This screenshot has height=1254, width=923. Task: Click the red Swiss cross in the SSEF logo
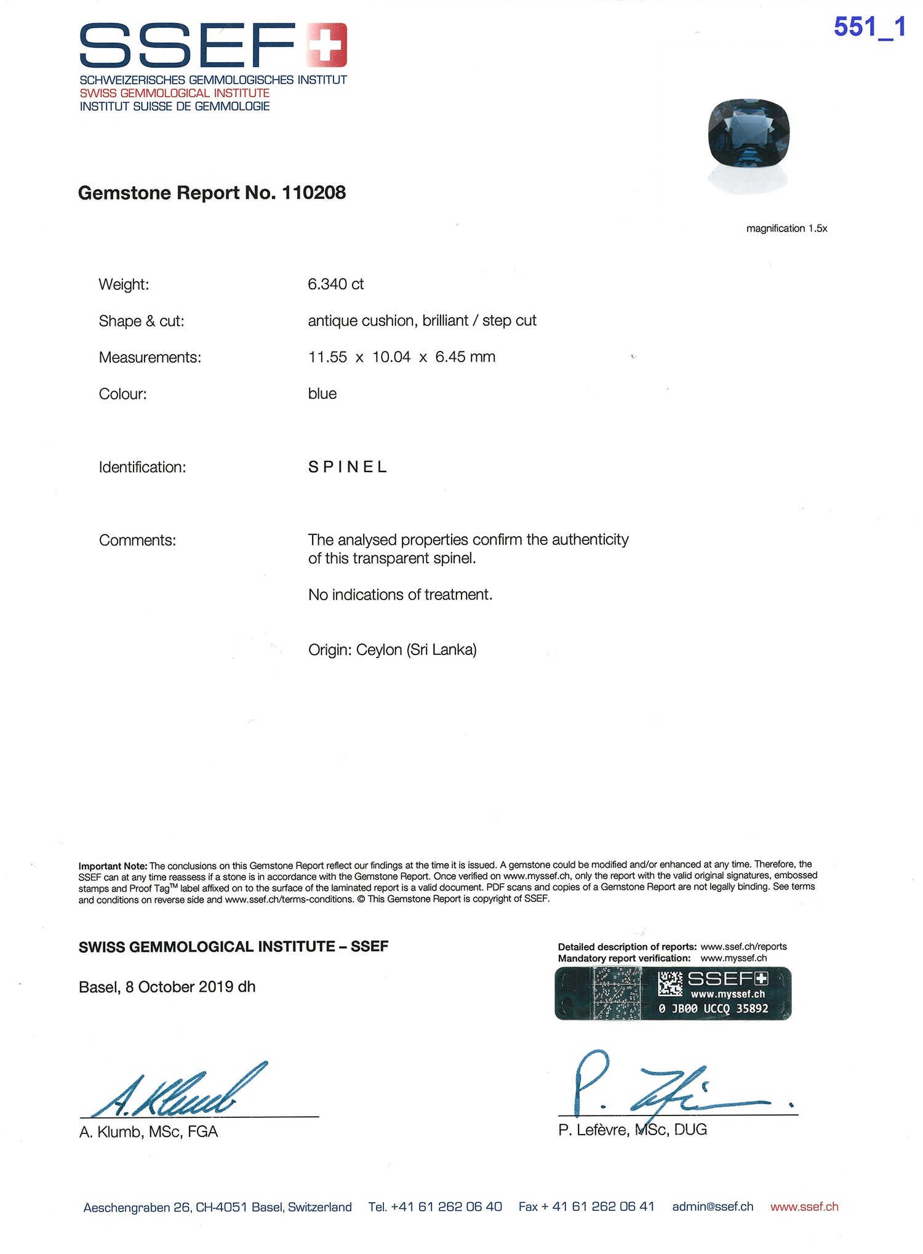[x=327, y=44]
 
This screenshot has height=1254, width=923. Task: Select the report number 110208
[x=314, y=193]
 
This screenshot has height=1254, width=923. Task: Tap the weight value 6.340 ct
[x=335, y=284]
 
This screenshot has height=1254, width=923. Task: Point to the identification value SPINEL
[x=348, y=467]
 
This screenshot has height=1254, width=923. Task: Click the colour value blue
[x=322, y=394]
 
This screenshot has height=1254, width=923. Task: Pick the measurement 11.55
[x=327, y=357]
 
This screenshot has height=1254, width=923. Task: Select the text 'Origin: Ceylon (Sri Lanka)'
[x=392, y=650]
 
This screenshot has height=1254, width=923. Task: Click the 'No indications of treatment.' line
[x=400, y=595]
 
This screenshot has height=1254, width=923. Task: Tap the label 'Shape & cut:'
[x=142, y=321]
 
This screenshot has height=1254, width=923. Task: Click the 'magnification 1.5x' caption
[x=786, y=228]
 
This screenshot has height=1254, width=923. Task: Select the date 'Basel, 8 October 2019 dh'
[x=167, y=987]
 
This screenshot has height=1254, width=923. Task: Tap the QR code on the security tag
[x=669, y=984]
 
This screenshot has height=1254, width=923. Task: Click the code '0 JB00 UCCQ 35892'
[x=713, y=1008]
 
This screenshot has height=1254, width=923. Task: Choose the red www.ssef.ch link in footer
[x=804, y=1207]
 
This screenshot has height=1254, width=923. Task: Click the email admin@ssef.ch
[x=712, y=1207]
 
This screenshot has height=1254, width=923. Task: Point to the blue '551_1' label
[x=869, y=27]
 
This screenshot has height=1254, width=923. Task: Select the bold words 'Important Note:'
[x=113, y=866]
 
